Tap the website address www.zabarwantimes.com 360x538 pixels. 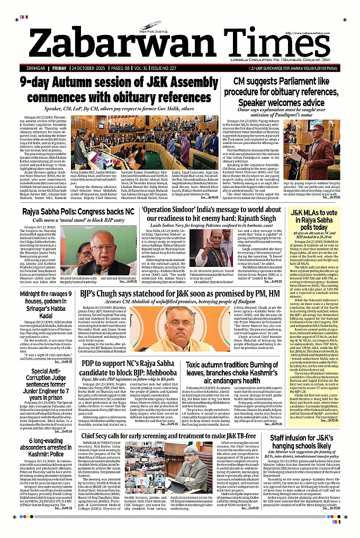click(x=319, y=34)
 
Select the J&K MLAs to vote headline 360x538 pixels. click(x=320, y=216)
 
